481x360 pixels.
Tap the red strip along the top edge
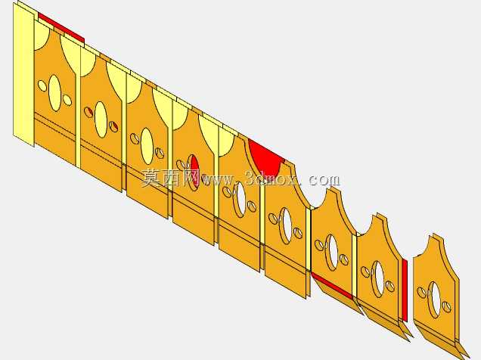(61, 28)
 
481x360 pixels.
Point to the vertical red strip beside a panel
(405, 290)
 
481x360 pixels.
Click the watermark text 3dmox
(272, 178)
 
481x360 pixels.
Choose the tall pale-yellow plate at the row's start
(23, 73)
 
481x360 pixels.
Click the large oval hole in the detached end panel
(435, 299)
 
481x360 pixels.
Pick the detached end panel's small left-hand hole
(422, 293)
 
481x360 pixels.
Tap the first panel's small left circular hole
(42, 86)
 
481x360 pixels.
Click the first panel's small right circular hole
(67, 100)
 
